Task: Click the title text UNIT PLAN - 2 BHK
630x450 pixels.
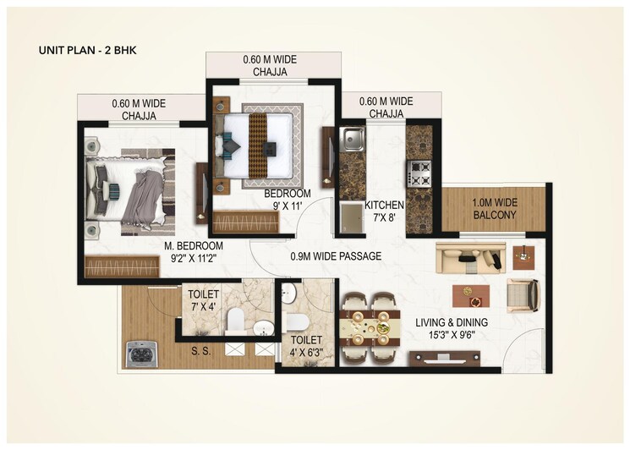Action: pyautogui.click(x=88, y=50)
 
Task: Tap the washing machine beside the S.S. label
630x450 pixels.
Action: pyautogui.click(x=140, y=354)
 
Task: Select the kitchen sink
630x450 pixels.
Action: pyautogui.click(x=353, y=140)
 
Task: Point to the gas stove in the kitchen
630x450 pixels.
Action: pyautogui.click(x=419, y=173)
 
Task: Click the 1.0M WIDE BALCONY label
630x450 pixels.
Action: pyautogui.click(x=495, y=209)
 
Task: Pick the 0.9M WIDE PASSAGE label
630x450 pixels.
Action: pyautogui.click(x=336, y=255)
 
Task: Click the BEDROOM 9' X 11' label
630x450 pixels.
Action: pyautogui.click(x=287, y=200)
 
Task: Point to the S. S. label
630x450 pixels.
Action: pyautogui.click(x=200, y=348)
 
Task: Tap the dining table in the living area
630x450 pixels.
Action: pyautogui.click(x=370, y=325)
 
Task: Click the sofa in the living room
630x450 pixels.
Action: pyautogui.click(x=469, y=257)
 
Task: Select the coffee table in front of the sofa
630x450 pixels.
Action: pyautogui.click(x=470, y=296)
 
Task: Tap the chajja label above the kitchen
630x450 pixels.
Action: pyautogui.click(x=386, y=107)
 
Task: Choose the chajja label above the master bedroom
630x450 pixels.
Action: pyautogui.click(x=139, y=109)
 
